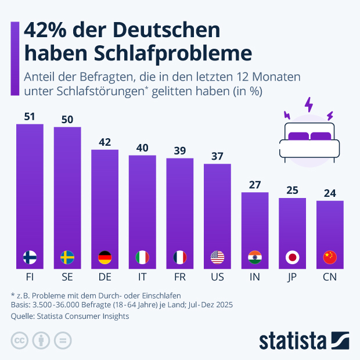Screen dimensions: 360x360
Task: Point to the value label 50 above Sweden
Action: click(x=67, y=120)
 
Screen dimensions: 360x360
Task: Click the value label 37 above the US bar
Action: click(x=217, y=157)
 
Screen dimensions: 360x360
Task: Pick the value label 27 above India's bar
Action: click(x=255, y=185)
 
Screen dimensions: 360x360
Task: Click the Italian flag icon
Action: click(x=142, y=257)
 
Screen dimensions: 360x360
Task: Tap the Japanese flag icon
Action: click(x=292, y=257)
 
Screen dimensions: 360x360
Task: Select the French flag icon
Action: click(x=180, y=257)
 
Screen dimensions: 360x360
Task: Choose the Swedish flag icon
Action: click(x=67, y=257)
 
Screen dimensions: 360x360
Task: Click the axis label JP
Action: click(x=292, y=277)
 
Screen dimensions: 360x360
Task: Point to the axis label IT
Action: click(x=142, y=277)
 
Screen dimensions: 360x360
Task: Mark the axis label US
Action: click(x=217, y=277)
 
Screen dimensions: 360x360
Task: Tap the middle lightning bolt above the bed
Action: click(x=308, y=106)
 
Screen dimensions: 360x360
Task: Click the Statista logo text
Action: click(x=293, y=340)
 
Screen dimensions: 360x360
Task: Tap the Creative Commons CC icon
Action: click(x=20, y=340)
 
